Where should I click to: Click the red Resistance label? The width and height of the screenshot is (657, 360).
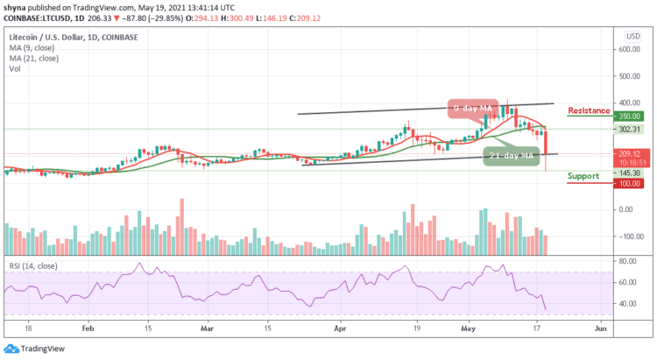588,110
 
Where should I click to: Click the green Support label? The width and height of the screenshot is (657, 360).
583,175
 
